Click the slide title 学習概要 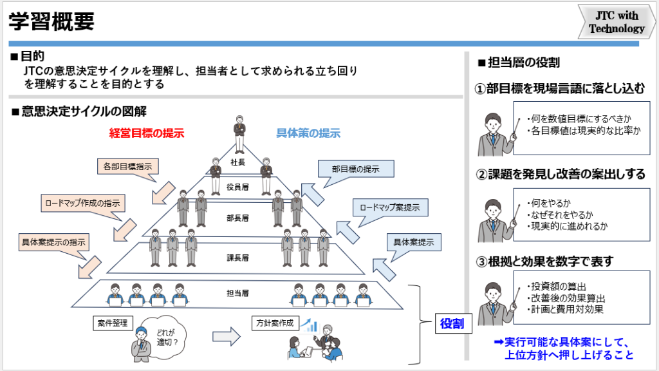[x=51, y=21]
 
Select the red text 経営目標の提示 [x=147, y=134]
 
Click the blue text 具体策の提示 [x=308, y=134]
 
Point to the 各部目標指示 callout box [x=127, y=166]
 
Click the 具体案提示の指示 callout [x=54, y=242]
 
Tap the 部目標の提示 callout [x=355, y=169]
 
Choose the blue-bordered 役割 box [x=452, y=323]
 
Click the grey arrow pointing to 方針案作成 [x=226, y=336]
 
